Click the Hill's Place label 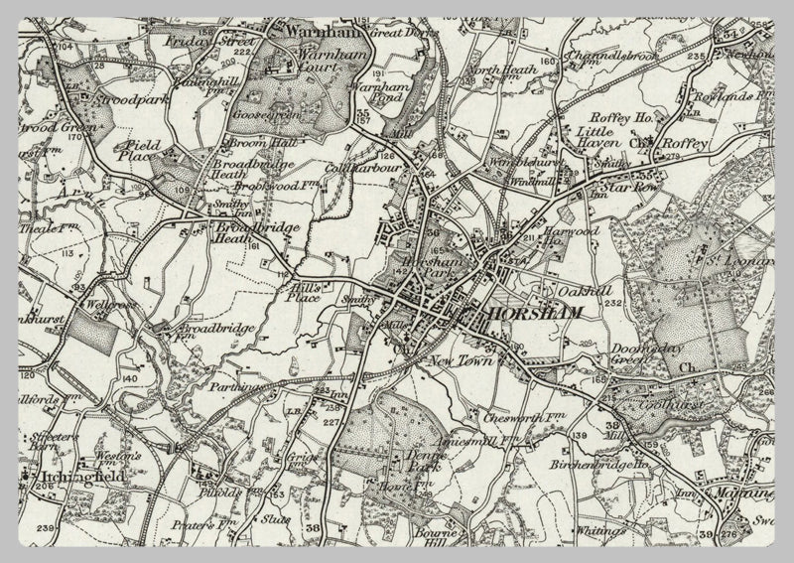tap(300, 292)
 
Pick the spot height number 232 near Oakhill tap(612, 303)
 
